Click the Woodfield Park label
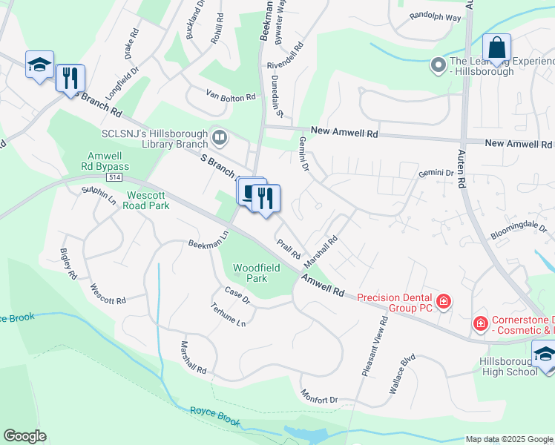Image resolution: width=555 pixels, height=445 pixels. coord(250,273)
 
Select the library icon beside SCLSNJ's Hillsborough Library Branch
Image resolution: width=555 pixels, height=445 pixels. coord(220,136)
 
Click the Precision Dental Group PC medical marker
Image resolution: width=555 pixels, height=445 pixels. coord(444,300)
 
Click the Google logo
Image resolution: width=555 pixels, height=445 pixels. coord(24,436)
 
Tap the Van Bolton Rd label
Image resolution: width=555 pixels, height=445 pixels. coord(231,96)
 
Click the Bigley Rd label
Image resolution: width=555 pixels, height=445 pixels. coord(68,263)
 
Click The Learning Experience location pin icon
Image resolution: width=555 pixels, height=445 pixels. coord(437,66)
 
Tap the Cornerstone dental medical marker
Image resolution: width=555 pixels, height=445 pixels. coord(480,324)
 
